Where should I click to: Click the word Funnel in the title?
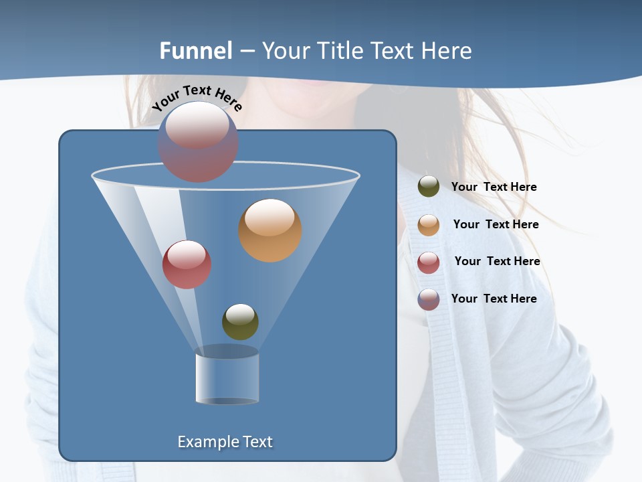[x=196, y=51]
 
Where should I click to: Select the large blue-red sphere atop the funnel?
[x=198, y=141]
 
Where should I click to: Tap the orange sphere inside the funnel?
[x=270, y=230]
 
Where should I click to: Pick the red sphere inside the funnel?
[x=187, y=264]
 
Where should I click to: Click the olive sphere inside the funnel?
[x=240, y=321]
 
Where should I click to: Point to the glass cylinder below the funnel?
[x=227, y=376]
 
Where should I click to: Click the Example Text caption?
[x=225, y=442]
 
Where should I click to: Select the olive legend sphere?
[x=429, y=187]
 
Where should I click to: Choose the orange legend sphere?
[x=429, y=225]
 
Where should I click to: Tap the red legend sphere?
[x=429, y=262]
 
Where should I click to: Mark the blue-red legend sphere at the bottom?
[x=429, y=299]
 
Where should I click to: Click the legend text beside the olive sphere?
[x=494, y=187]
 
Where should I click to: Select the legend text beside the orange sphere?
[x=496, y=224]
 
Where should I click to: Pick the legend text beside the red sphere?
[x=497, y=261]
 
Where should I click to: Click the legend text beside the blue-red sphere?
[x=494, y=299]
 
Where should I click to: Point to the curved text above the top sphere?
[x=197, y=97]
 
